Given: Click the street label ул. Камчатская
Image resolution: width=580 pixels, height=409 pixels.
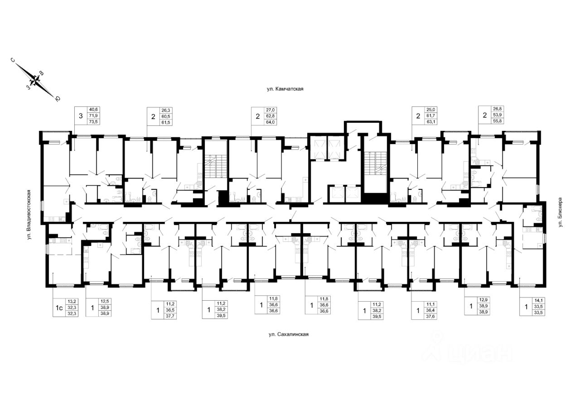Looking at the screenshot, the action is (285, 89).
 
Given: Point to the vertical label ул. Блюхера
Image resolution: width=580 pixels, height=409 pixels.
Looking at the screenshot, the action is (560, 212).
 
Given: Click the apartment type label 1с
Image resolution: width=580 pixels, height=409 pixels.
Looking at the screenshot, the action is (59, 308).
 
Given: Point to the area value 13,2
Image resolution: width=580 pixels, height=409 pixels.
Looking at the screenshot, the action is (72, 301).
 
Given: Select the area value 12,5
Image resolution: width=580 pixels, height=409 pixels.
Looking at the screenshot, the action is (105, 301).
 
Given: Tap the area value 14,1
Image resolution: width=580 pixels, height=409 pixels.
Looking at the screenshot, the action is (538, 299).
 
